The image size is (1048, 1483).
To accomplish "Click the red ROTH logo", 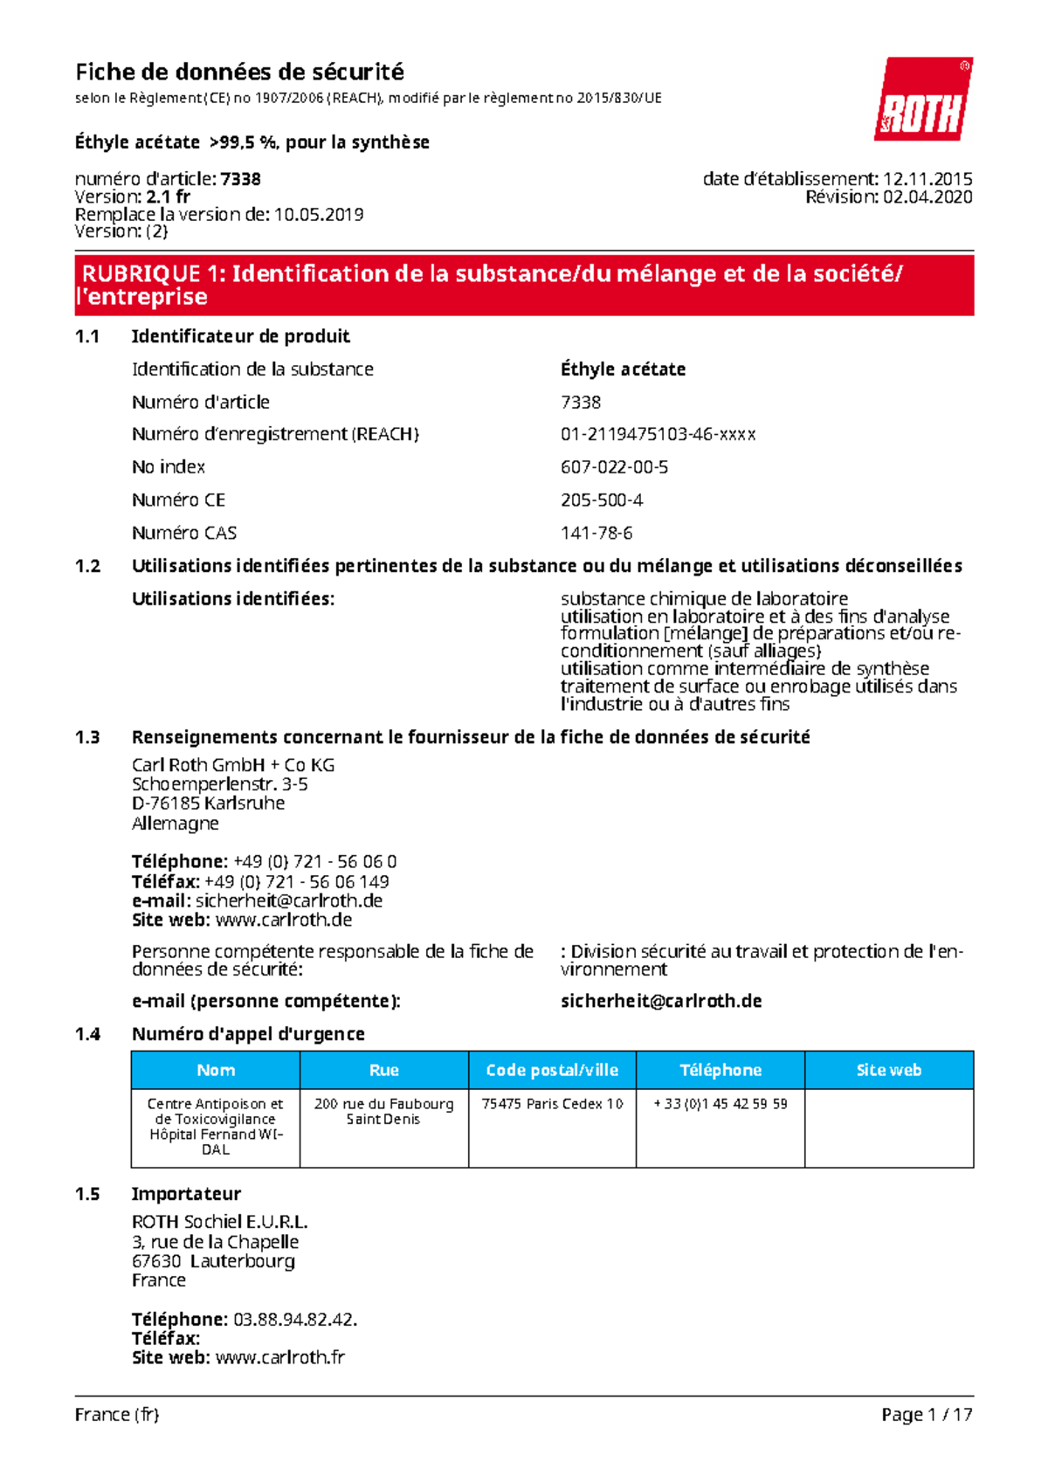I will coord(923,100).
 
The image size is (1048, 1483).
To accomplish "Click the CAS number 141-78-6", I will coord(596,533).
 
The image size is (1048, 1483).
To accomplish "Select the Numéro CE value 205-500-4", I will coord(602,500).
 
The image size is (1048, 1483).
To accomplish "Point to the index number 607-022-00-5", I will coord(614,467).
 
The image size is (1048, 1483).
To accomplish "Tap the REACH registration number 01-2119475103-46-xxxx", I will coord(658,434).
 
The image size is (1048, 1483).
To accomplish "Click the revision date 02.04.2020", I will coord(927,197).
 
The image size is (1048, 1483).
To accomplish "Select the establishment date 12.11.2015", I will coord(927,179).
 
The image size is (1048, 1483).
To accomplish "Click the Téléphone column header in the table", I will coord(720,1070).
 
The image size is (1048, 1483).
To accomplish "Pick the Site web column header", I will coord(888,1070).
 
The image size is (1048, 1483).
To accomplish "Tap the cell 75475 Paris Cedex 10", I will coord(552,1104).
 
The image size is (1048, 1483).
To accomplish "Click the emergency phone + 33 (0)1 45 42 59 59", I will coord(720,1104).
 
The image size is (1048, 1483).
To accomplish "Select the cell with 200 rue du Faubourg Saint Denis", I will coord(383,1111).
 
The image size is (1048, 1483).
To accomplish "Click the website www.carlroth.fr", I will coord(279,1357).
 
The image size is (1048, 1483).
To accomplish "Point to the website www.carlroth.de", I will coord(284,920).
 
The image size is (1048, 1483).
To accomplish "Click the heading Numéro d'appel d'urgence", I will coord(248,1034).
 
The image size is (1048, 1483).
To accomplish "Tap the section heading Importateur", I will coord(186,1194).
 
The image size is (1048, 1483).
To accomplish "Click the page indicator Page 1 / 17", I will coord(926,1414).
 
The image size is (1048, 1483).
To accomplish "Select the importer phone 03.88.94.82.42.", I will coord(294,1319).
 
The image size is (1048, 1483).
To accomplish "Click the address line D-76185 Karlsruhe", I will coord(208,803).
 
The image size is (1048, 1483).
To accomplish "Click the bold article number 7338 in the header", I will coord(240,179).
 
